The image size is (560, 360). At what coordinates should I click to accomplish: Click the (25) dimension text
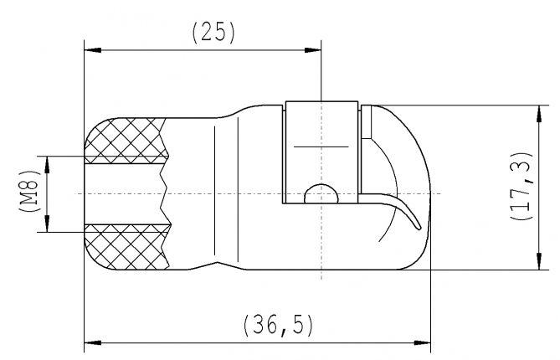tap(213, 33)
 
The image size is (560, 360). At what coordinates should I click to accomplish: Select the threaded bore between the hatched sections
tap(126, 193)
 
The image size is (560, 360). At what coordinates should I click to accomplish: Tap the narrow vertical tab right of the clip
tap(366, 122)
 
